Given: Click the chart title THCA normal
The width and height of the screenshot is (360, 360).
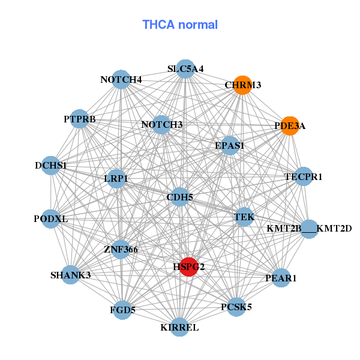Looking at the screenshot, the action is (180, 25).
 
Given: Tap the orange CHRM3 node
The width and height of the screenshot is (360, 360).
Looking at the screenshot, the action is (242, 85).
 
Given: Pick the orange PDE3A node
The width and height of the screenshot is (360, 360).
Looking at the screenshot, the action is (290, 126).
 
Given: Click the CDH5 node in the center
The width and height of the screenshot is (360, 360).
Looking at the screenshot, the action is (180, 196).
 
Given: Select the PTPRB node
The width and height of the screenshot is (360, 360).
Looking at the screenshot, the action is (80, 118).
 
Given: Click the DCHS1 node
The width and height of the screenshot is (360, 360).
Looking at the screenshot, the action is (51, 165).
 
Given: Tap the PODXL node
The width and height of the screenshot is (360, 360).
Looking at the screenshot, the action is (51, 219).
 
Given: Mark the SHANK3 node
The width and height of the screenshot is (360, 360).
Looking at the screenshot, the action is (70, 275).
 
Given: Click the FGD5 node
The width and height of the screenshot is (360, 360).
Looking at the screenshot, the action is (122, 310).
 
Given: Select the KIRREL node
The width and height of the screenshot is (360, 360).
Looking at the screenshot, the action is (179, 327).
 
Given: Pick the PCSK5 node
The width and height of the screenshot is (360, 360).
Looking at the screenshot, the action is (236, 307).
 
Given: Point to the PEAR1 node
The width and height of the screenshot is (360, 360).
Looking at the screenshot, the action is (281, 278).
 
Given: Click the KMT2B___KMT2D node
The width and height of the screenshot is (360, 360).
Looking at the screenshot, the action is (309, 228).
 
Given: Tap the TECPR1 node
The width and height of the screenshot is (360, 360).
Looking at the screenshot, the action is (304, 176).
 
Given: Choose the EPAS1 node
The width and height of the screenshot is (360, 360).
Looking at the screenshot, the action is (230, 145).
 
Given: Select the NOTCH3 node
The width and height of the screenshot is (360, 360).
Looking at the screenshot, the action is (161, 125).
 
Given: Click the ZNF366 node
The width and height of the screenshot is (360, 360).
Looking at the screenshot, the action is (121, 249).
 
